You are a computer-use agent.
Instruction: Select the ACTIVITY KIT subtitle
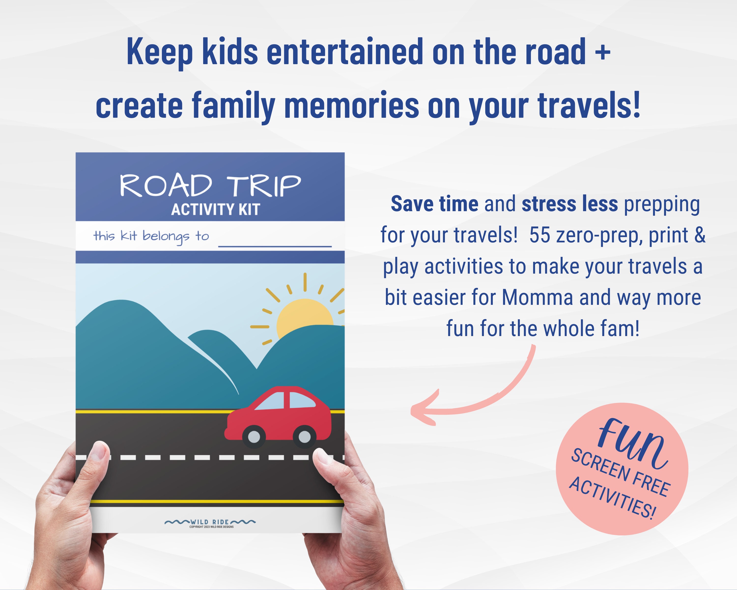tap(215, 209)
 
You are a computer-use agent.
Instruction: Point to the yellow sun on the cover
tap(304, 316)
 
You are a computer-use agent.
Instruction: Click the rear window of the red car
tap(302, 400)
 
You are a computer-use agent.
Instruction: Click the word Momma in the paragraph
tap(537, 297)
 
